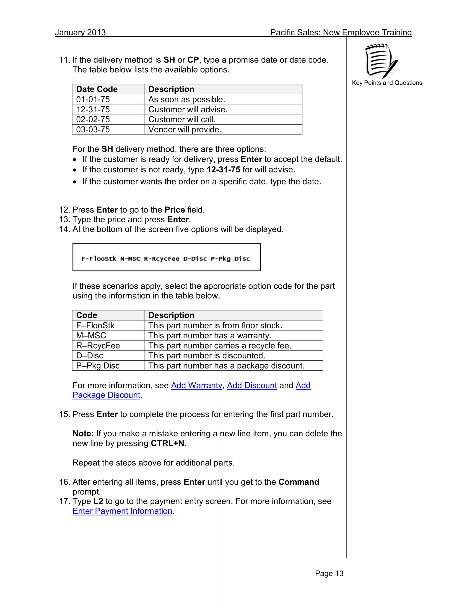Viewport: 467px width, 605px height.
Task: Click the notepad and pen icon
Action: (x=381, y=61)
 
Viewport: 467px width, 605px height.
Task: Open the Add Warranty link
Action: (x=196, y=385)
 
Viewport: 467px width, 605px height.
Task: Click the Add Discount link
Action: (x=252, y=385)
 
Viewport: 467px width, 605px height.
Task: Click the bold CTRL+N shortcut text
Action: (x=167, y=443)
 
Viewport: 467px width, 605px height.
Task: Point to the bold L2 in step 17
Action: (x=98, y=501)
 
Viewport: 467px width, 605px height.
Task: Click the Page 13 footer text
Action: (x=329, y=573)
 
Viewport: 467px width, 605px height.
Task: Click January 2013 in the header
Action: (x=80, y=32)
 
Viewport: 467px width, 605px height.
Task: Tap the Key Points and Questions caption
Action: (x=387, y=83)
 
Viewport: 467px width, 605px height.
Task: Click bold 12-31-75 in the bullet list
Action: (x=223, y=170)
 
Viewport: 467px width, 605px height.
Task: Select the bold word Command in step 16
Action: (x=298, y=482)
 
